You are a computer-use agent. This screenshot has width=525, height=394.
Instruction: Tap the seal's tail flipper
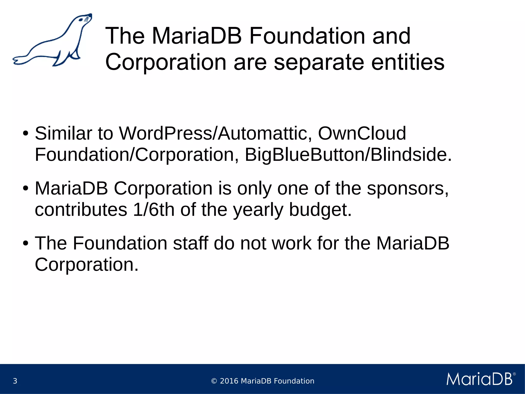[x=19, y=60]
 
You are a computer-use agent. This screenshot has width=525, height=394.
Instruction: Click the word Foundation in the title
[x=307, y=36]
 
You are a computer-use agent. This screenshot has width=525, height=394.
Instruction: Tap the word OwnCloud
[x=362, y=133]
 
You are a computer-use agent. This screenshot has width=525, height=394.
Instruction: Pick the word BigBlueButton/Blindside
[x=348, y=155]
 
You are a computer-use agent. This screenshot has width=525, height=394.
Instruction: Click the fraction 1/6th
[x=154, y=210]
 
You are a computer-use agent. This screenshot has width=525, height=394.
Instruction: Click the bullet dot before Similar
[x=25, y=134]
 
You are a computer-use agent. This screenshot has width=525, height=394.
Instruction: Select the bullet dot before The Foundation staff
[x=25, y=243]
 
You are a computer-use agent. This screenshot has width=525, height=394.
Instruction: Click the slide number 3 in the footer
[x=15, y=381]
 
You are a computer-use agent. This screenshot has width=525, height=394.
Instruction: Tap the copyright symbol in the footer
[x=214, y=381]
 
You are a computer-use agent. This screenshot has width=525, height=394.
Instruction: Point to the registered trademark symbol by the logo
[x=514, y=374]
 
